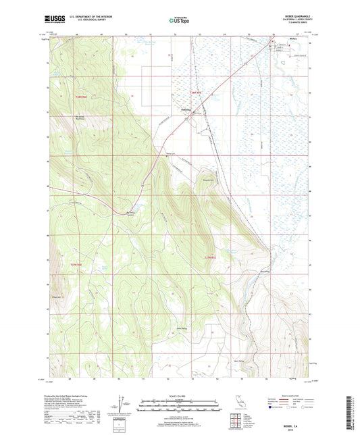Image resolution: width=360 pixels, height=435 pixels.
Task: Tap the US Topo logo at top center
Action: coord(179,21)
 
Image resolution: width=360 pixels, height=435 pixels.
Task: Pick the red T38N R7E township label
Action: coord(196,91)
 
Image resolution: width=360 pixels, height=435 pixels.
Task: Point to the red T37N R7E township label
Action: coord(211,257)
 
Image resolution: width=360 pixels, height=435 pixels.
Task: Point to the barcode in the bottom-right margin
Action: coord(353,405)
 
